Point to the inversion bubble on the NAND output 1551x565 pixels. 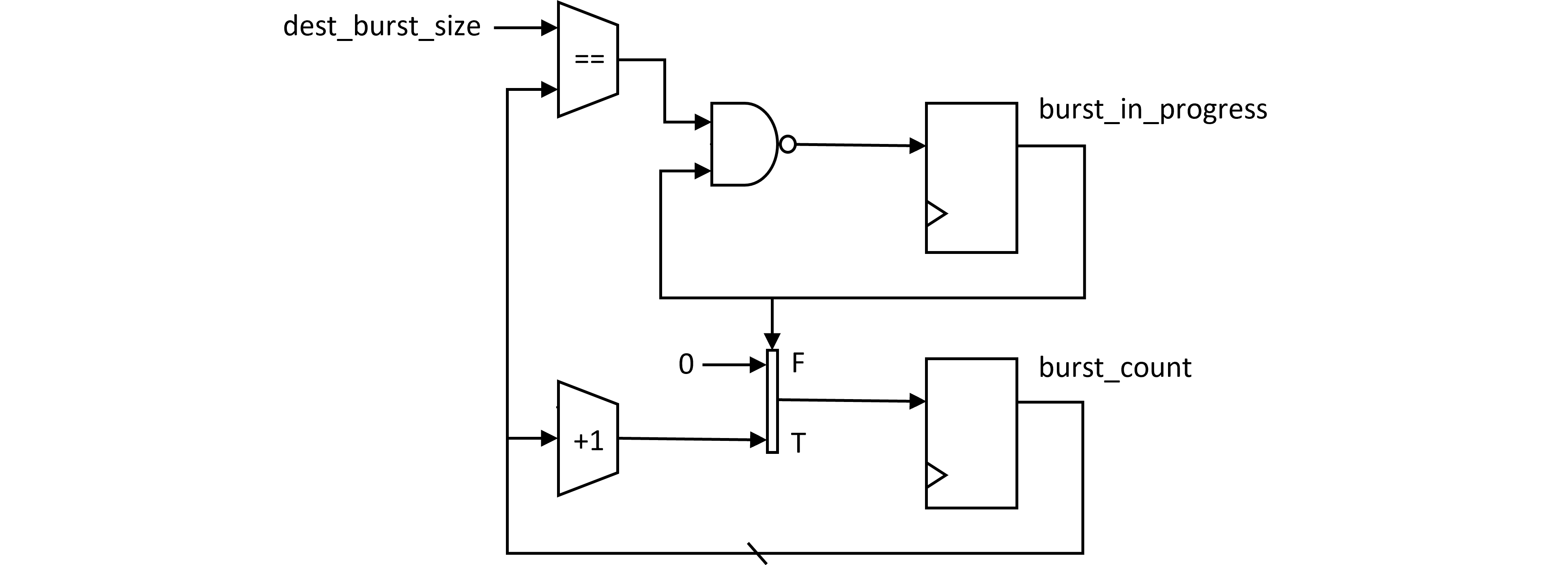787,144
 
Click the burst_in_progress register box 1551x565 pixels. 971,178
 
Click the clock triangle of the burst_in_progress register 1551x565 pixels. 935,214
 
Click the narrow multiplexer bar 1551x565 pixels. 772,401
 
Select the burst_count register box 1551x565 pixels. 971,433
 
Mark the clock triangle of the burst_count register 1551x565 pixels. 935,475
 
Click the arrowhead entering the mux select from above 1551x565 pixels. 772,341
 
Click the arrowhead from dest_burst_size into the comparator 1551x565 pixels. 549,28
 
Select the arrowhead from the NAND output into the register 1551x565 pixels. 917,146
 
